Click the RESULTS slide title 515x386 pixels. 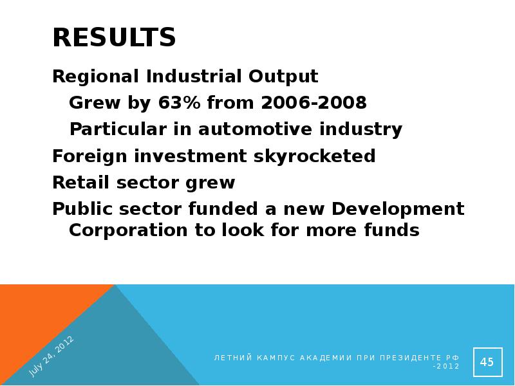(114, 37)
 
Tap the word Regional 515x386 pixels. (95, 77)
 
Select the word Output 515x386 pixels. (283, 77)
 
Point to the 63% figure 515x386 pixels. (179, 102)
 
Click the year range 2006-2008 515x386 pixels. (314, 102)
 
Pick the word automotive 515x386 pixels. (255, 129)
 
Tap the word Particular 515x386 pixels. (118, 129)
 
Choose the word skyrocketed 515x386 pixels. (314, 156)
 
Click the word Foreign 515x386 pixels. (89, 156)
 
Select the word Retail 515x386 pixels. (80, 182)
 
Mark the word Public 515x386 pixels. (85, 208)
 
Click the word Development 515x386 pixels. (398, 210)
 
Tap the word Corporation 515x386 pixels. (128, 230)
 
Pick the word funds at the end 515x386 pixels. (391, 230)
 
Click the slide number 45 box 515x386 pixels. (488, 362)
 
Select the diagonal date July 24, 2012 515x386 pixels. (51, 356)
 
